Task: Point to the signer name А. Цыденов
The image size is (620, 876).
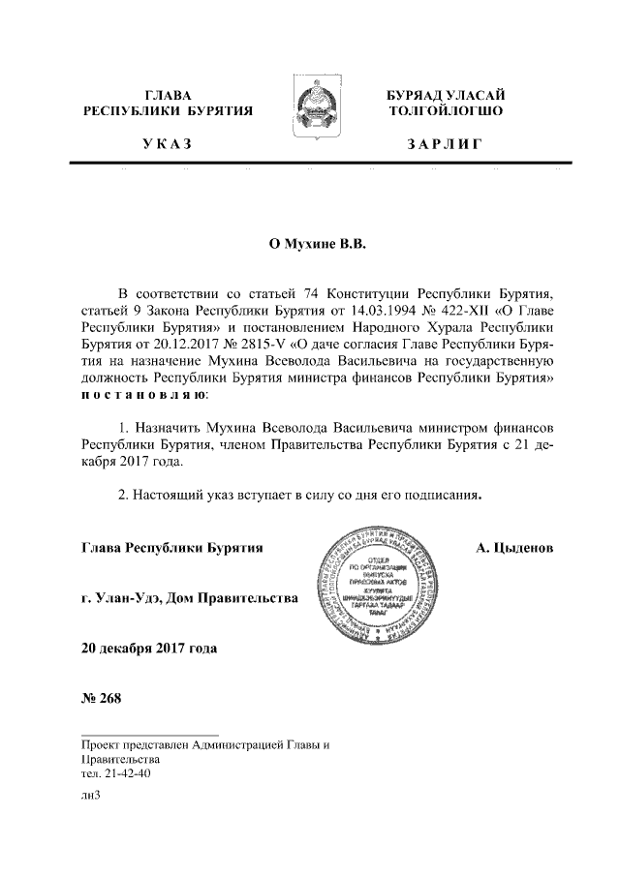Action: tap(515, 548)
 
